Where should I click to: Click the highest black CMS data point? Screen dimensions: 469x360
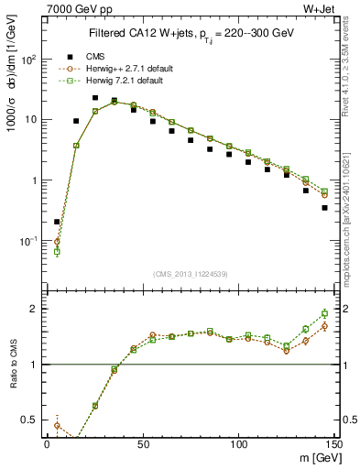pyautogui.click(x=95, y=97)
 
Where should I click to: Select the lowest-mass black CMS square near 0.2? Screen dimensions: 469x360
pyautogui.click(x=57, y=222)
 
